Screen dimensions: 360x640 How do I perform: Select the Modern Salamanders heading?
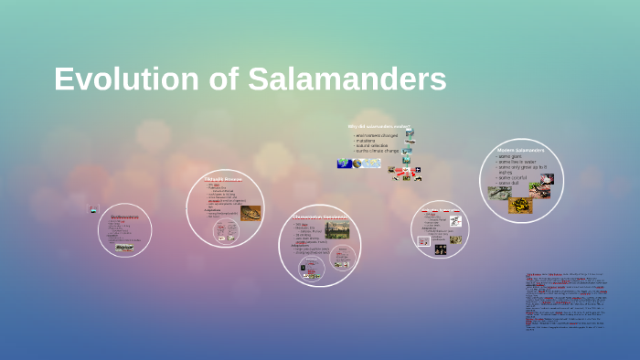[x=520, y=149]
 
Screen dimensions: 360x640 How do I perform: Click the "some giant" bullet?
[x=511, y=156]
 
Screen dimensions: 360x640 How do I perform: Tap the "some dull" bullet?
[x=509, y=184]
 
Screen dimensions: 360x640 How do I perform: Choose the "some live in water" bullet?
[x=517, y=162]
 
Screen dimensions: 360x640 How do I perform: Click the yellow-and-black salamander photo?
[x=520, y=205]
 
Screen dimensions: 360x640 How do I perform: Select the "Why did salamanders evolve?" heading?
[x=379, y=126]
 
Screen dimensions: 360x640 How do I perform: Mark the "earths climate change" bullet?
[x=377, y=151]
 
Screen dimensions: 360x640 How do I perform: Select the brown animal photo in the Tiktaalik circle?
[x=250, y=213]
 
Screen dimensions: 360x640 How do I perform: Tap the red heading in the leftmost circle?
[x=124, y=217]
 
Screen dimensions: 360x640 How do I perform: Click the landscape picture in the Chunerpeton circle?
[x=336, y=229]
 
